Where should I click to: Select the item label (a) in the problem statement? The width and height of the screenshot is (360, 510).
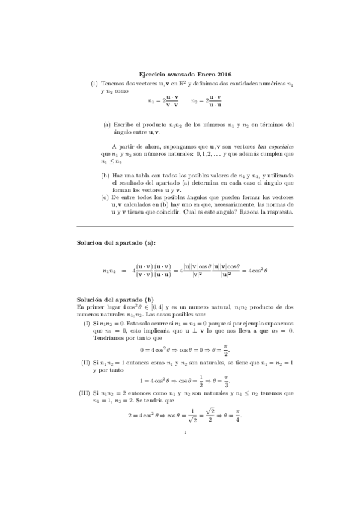click(x=107, y=125)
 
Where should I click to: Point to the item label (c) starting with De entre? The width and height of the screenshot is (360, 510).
click(x=106, y=197)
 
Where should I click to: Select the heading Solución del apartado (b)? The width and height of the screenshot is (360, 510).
click(x=115, y=300)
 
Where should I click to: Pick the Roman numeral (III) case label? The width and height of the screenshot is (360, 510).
click(x=85, y=393)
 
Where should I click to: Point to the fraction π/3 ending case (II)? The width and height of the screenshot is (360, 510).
click(x=226, y=381)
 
